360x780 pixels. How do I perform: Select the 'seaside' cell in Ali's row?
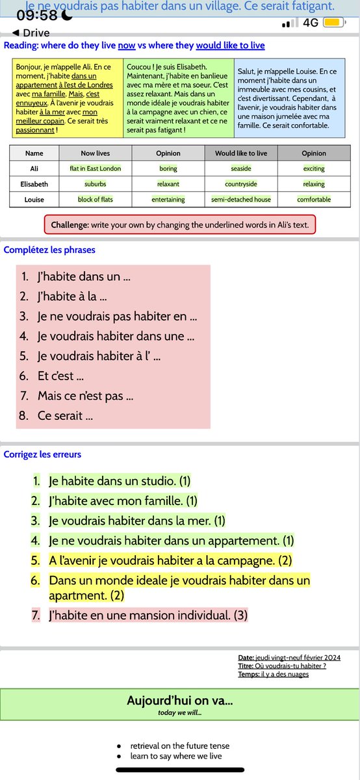click(241, 168)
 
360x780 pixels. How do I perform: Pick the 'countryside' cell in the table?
click(241, 184)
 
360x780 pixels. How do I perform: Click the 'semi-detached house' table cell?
click(241, 200)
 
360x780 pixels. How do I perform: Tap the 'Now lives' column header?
click(96, 153)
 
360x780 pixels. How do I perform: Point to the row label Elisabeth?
click(34, 184)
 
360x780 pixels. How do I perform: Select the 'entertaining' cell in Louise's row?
click(168, 200)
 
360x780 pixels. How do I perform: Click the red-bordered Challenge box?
click(180, 225)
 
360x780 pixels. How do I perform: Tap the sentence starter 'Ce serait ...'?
click(65, 415)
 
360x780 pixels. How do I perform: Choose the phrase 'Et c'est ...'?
click(61, 376)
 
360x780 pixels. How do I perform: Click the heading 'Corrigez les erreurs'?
click(42, 454)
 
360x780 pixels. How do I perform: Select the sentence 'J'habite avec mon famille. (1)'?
click(123, 500)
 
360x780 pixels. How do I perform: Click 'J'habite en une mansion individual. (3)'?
click(148, 614)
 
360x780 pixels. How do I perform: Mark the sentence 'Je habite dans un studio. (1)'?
click(120, 481)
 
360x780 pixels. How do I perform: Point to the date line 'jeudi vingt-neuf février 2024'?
click(290, 657)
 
